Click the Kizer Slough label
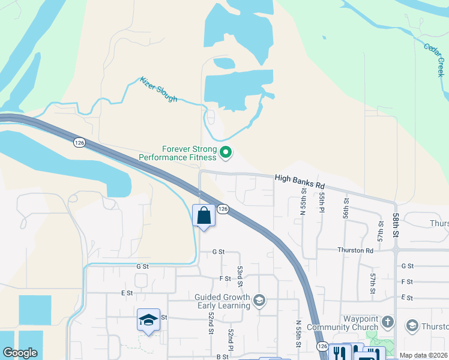pos(158,89)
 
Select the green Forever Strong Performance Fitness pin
pos(226,153)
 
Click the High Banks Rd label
pos(300,179)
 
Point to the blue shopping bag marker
pos(204,216)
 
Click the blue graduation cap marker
pos(148,320)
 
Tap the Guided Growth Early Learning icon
pos(259,300)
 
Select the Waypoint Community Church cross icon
pos(388,322)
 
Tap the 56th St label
pos(346,206)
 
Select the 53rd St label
pos(240,277)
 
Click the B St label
pos(222,356)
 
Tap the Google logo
pos(20,353)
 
